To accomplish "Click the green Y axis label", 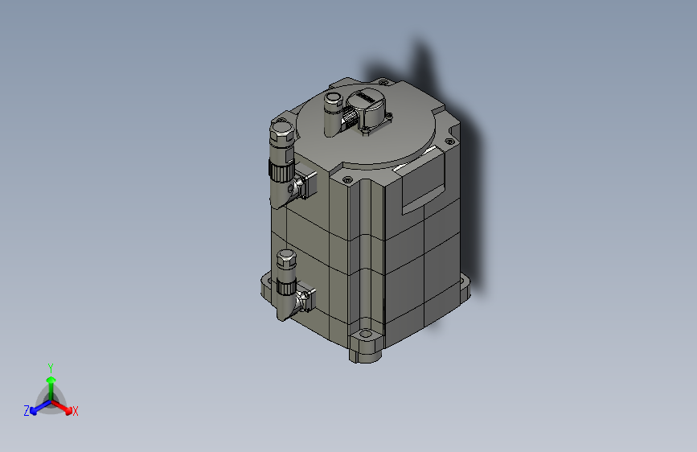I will point(51,366).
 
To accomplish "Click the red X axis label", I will point(76,412).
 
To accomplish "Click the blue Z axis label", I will point(27,411).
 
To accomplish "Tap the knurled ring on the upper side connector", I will point(281,171).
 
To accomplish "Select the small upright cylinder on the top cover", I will point(332,113).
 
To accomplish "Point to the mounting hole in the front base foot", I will point(367,333).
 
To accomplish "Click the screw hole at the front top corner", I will point(347,179).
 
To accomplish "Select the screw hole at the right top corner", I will point(449,143).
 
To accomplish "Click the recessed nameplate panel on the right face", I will point(425,182).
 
